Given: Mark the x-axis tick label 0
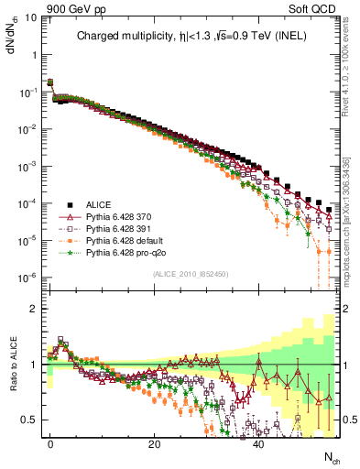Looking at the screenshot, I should pyautogui.click(x=50, y=443).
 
